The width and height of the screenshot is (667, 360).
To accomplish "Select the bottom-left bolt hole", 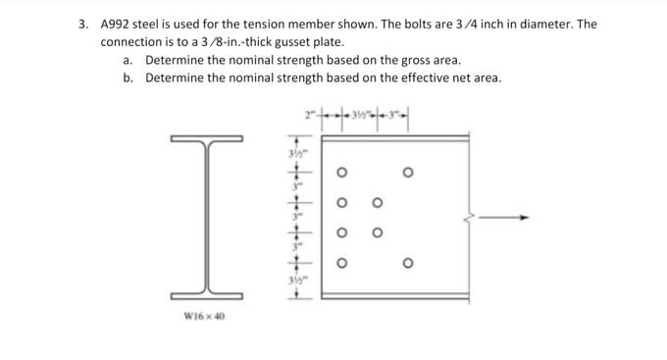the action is [x=342, y=262].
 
